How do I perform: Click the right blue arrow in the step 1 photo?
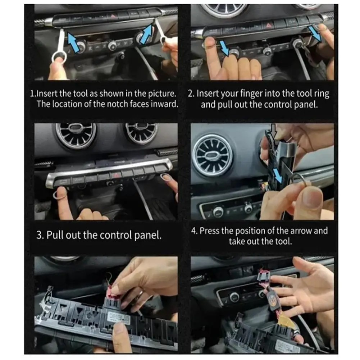[x=147, y=33]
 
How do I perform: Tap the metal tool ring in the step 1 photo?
[x=58, y=57]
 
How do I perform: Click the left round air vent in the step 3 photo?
[x=76, y=135]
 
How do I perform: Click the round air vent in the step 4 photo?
[x=213, y=155]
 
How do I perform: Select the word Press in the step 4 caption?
[x=210, y=231]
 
